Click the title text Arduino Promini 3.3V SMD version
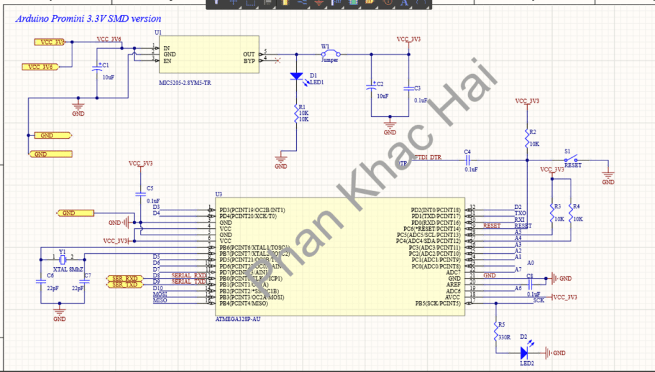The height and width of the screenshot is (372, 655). point(88,19)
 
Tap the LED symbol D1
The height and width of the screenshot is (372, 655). point(296,76)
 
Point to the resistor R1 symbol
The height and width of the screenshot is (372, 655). point(296,114)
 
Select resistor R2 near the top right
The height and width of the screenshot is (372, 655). point(526,137)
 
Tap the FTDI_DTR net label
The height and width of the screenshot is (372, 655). point(428,157)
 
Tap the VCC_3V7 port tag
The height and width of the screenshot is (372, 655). point(49,42)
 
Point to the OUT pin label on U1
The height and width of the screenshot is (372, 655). point(249,54)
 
